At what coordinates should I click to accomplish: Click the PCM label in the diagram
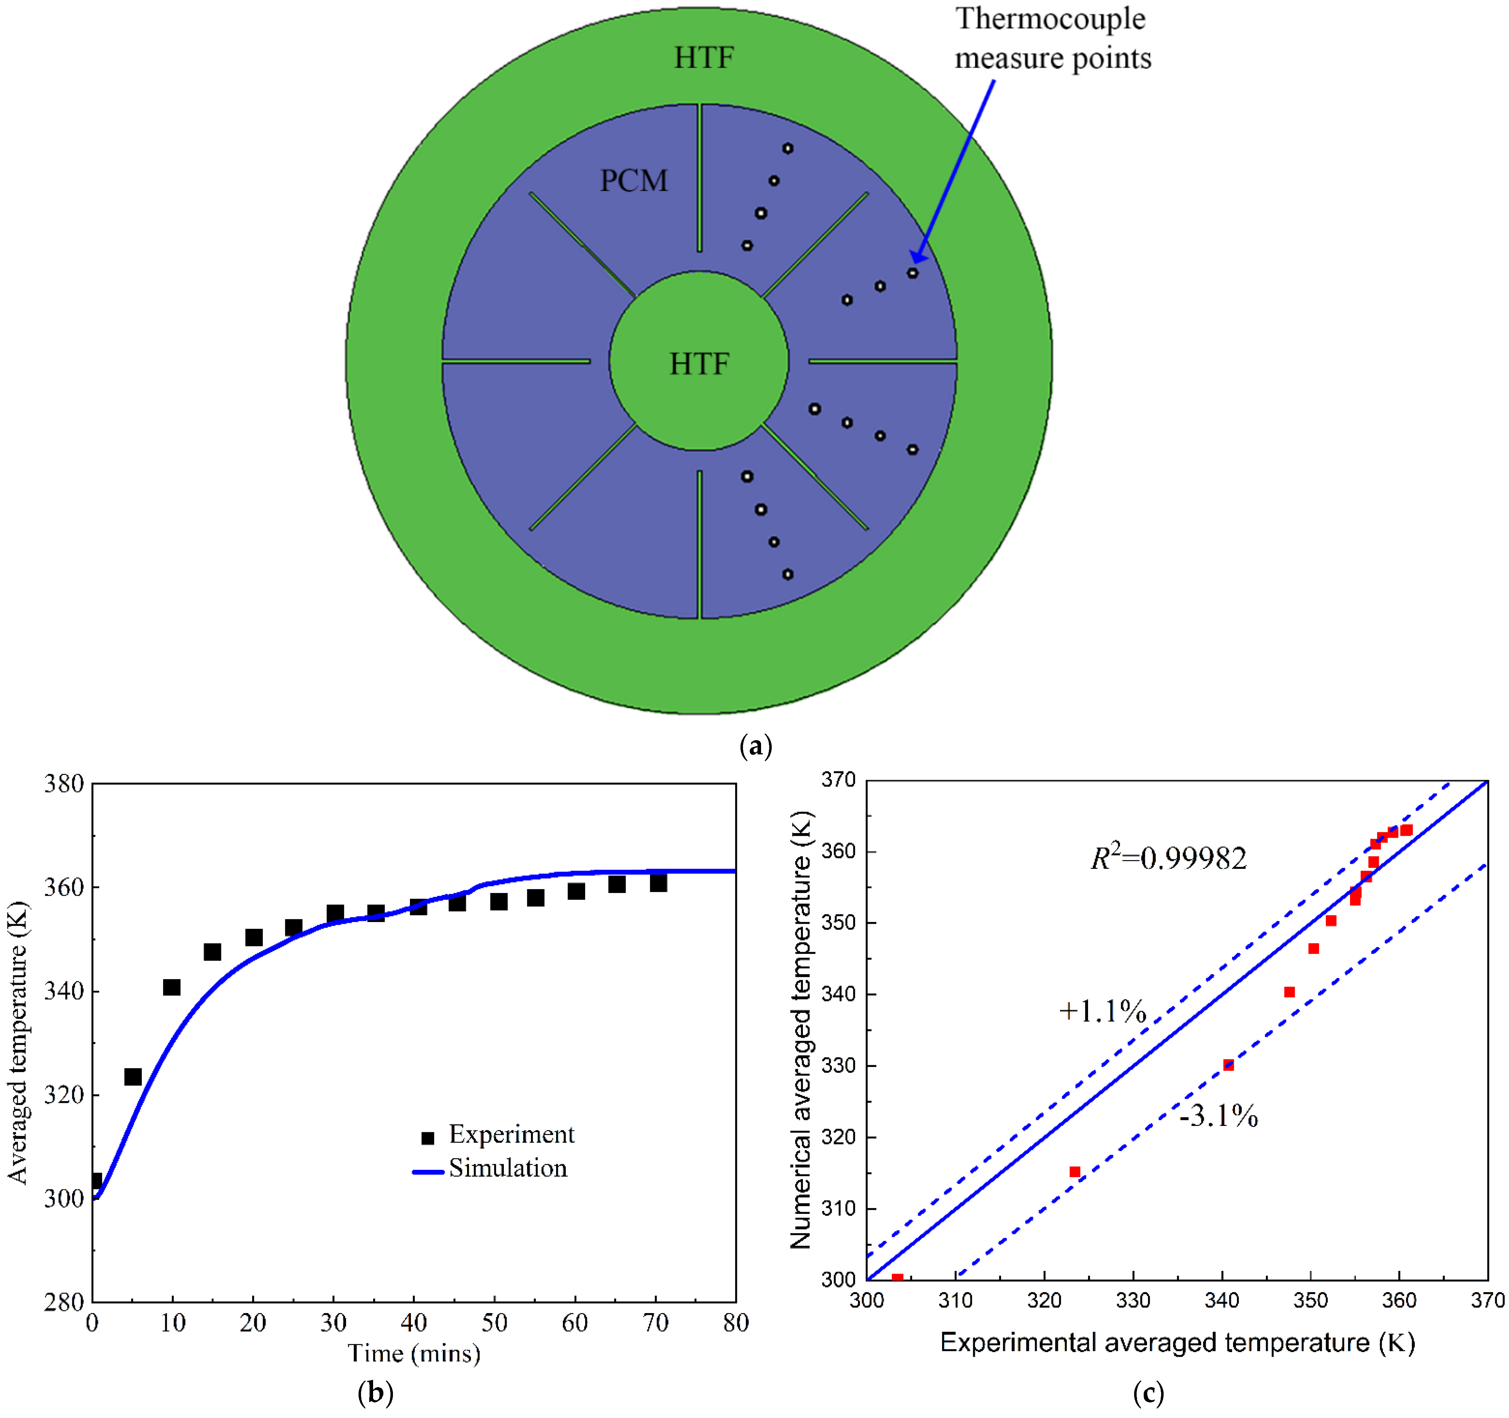(x=634, y=180)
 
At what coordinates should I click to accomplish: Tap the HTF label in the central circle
(x=698, y=364)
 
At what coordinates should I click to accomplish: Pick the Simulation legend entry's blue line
(x=427, y=1172)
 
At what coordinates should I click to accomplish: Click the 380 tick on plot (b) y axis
(x=64, y=784)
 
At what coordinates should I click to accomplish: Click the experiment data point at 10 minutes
(x=172, y=987)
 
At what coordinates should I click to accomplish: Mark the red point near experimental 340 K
(x=1228, y=1065)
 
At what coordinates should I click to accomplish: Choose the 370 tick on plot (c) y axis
(x=839, y=780)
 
